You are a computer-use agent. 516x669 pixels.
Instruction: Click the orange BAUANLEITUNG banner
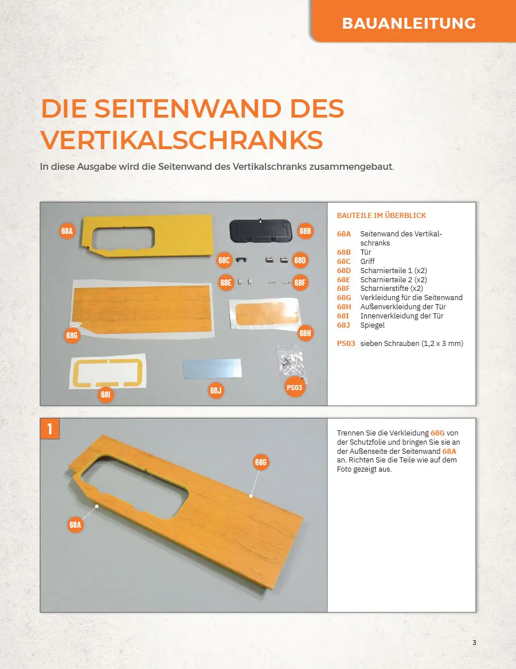coord(413,21)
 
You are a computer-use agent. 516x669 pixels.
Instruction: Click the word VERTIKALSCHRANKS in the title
coord(182,140)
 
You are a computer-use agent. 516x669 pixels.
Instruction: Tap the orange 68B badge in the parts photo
coord(305,231)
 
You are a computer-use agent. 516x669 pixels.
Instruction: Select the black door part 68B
coord(260,231)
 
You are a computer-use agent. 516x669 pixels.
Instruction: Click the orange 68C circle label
coord(224,260)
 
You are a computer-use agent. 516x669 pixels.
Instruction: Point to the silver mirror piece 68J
coord(212,368)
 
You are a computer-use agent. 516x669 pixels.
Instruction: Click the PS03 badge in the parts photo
coord(294,387)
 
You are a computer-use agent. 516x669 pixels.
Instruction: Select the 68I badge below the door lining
coord(105,395)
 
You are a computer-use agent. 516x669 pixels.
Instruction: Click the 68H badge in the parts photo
coord(305,333)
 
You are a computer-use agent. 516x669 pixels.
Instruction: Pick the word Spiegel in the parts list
coord(372,325)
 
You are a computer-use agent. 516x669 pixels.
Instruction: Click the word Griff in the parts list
coord(367,261)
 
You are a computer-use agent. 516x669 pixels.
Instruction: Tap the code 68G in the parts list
coord(344,297)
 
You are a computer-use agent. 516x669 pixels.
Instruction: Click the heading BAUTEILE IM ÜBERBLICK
coord(381,216)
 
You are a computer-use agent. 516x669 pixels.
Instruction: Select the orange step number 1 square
coord(50,429)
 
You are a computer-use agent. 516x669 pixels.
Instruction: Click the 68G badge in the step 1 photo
coord(260,462)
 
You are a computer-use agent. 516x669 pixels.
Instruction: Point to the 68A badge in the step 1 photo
coord(75,525)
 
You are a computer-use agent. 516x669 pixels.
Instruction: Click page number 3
coord(474,643)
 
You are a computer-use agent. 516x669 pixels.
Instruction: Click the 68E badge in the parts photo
coord(225,282)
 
